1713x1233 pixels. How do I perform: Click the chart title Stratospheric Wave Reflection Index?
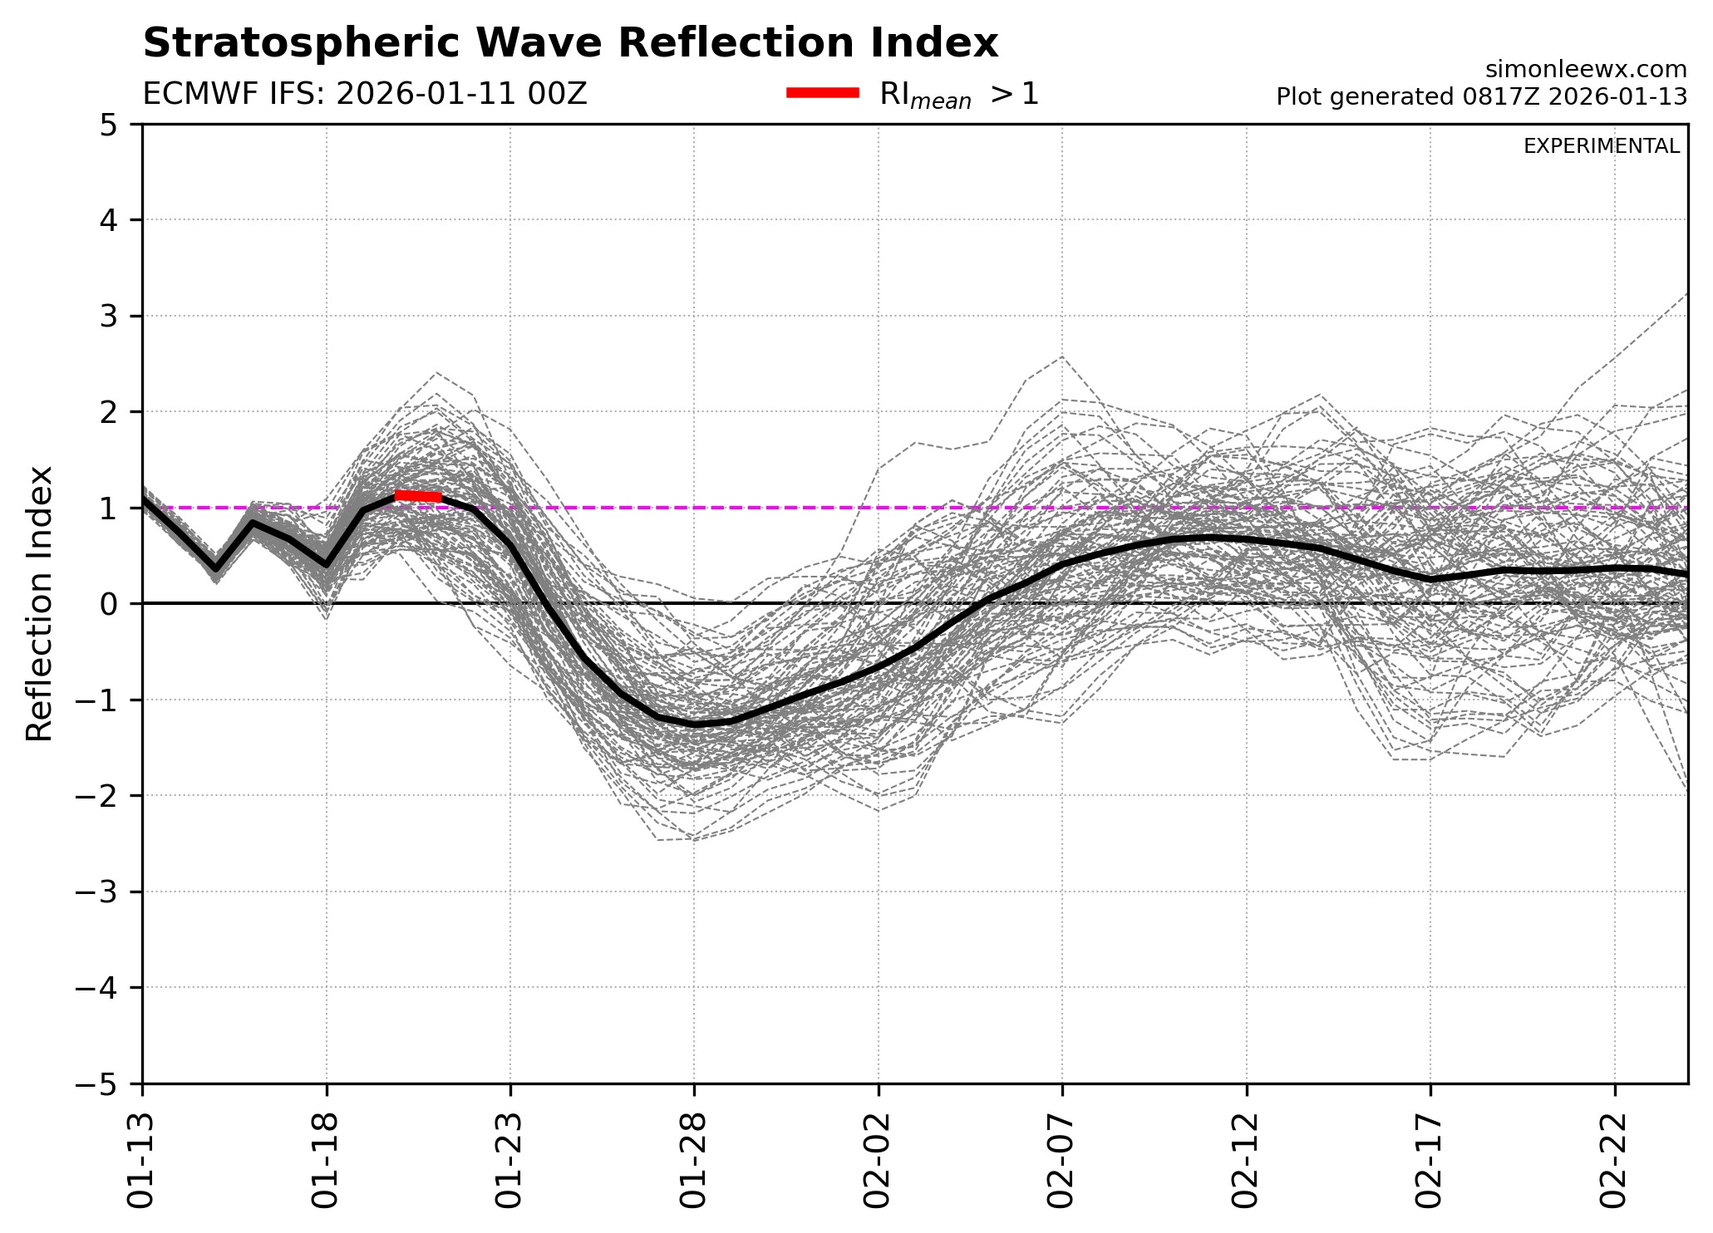coord(570,43)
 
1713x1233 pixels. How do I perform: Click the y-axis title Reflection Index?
coord(40,603)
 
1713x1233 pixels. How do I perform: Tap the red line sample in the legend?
coord(822,93)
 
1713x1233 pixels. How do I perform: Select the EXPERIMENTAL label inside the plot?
coord(1601,146)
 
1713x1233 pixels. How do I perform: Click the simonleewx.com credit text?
coord(1586,69)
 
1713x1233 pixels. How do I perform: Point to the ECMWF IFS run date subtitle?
coord(365,95)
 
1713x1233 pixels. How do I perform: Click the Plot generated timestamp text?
coord(1481,97)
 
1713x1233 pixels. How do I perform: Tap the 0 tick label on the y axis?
coord(109,604)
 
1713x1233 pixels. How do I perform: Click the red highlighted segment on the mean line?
coord(418,496)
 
